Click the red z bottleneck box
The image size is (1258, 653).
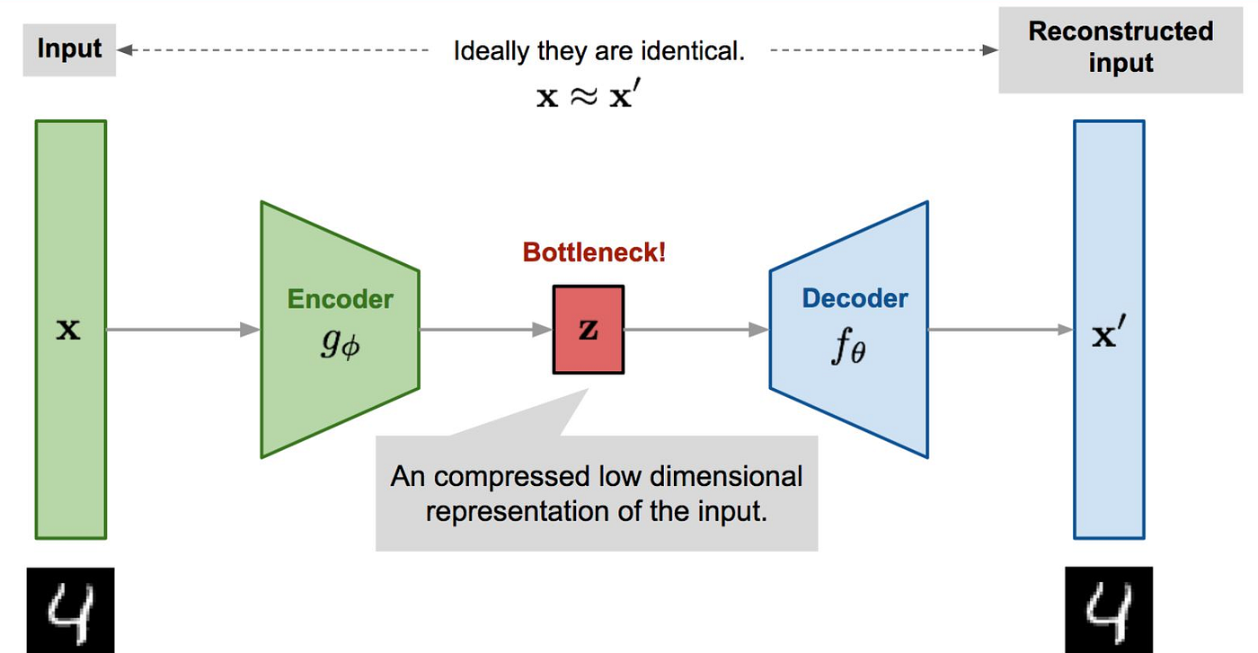coord(588,330)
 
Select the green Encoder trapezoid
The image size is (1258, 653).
coord(340,359)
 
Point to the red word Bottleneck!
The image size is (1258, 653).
coord(595,251)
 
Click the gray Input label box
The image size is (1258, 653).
coord(69,49)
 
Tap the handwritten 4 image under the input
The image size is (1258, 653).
coord(69,610)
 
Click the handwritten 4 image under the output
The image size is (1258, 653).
coord(1109,610)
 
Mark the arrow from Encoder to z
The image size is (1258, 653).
coord(485,330)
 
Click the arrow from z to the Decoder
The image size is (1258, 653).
coord(696,330)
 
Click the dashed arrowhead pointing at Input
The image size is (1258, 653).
coord(124,50)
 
